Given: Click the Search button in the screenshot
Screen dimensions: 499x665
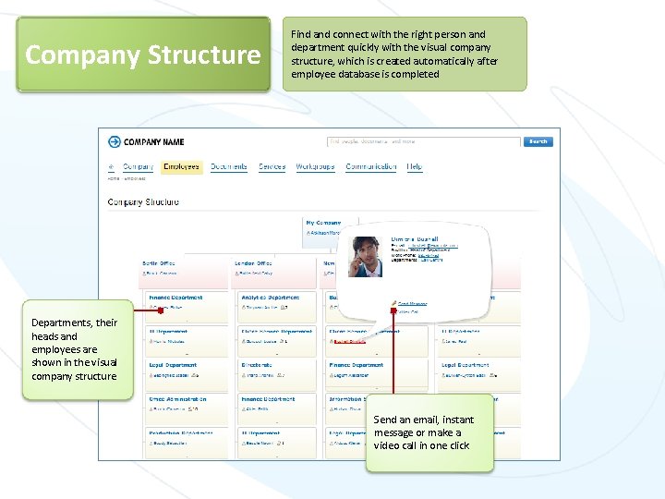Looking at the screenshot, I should [x=538, y=141].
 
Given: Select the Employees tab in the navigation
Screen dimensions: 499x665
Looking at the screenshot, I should [x=181, y=167].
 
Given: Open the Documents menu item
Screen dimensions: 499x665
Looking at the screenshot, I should [x=228, y=167].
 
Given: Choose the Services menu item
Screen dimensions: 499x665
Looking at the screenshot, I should [x=272, y=167].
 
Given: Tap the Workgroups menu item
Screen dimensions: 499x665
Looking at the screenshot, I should [x=315, y=167].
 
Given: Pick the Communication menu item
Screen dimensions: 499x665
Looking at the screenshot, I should [x=370, y=167].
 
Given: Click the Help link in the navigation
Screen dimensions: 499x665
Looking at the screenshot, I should [x=415, y=167].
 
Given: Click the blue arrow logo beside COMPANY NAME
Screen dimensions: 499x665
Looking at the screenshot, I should [x=115, y=141].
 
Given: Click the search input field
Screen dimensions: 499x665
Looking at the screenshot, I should [x=424, y=141].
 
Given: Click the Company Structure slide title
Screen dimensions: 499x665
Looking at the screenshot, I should [x=143, y=55].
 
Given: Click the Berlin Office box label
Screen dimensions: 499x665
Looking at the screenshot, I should [x=160, y=263].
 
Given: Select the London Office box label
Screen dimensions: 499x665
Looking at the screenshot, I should [x=254, y=263].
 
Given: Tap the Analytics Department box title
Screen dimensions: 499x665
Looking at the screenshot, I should [x=270, y=298].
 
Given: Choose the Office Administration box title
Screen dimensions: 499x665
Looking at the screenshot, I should [x=178, y=399].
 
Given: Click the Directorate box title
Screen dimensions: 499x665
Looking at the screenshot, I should [x=258, y=365].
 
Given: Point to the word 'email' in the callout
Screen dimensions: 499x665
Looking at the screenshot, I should [x=423, y=420].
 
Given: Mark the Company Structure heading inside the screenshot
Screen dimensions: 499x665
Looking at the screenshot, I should [x=143, y=201].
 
